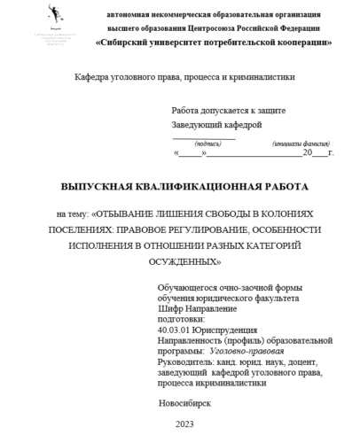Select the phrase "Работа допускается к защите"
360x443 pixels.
(x=228, y=110)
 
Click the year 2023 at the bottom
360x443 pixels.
(x=184, y=424)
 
